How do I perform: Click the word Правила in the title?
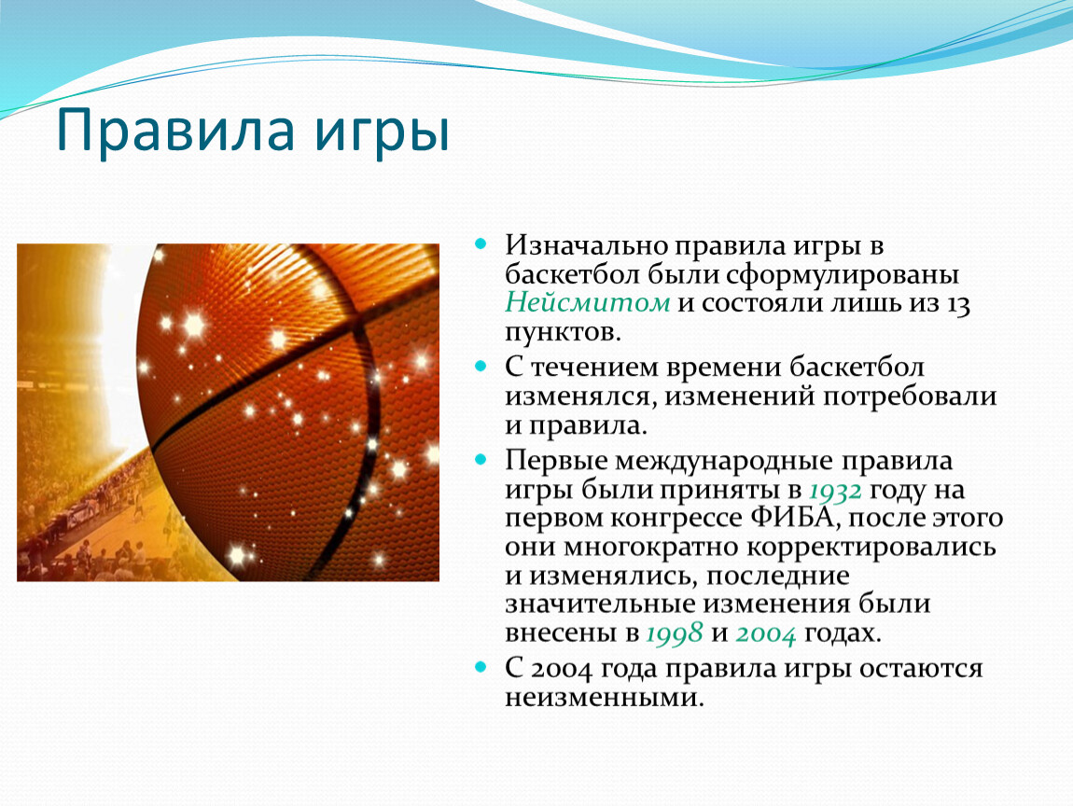(x=175, y=130)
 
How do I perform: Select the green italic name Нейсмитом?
(x=587, y=302)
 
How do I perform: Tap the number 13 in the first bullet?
(x=958, y=304)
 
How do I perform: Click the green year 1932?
(x=835, y=491)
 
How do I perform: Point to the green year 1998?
(x=674, y=632)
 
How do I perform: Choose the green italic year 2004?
(x=766, y=633)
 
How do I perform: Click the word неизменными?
(x=605, y=699)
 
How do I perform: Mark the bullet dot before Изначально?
(x=481, y=243)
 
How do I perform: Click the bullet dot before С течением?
(x=481, y=366)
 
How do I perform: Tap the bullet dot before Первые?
(x=481, y=459)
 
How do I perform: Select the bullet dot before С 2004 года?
(x=481, y=666)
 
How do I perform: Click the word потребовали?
(x=910, y=397)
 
